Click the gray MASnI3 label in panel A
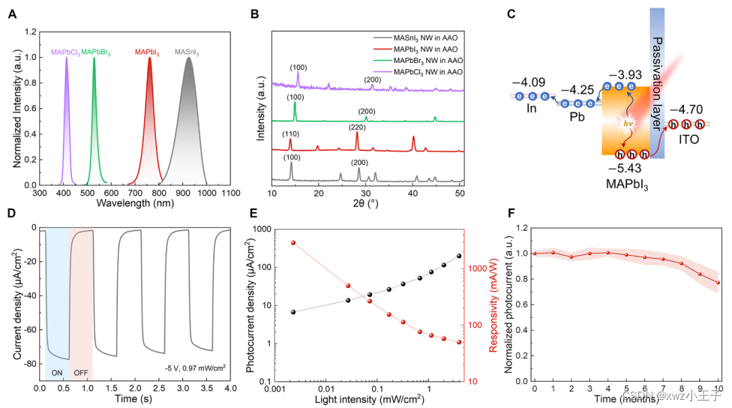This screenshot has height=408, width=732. [187, 52]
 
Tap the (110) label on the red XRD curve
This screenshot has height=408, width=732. [290, 134]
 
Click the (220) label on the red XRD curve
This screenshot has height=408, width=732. [357, 125]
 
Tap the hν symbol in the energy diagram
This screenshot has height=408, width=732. [619, 124]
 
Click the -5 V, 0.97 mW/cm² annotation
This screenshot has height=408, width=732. [195, 368]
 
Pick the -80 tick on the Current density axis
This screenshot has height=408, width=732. [29, 364]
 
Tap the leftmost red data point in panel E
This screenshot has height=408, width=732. [293, 243]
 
